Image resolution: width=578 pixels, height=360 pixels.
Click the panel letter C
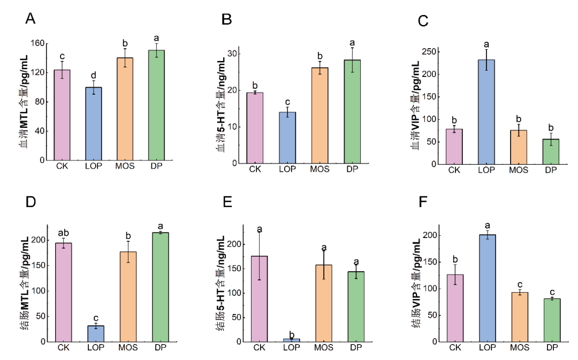423,21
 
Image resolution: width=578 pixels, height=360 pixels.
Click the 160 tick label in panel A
37,43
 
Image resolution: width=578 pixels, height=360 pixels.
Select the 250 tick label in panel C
428,51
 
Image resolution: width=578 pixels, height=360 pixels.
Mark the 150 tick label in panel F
428,262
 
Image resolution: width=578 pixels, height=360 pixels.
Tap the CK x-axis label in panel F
454,348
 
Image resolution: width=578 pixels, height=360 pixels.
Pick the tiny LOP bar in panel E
292,340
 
